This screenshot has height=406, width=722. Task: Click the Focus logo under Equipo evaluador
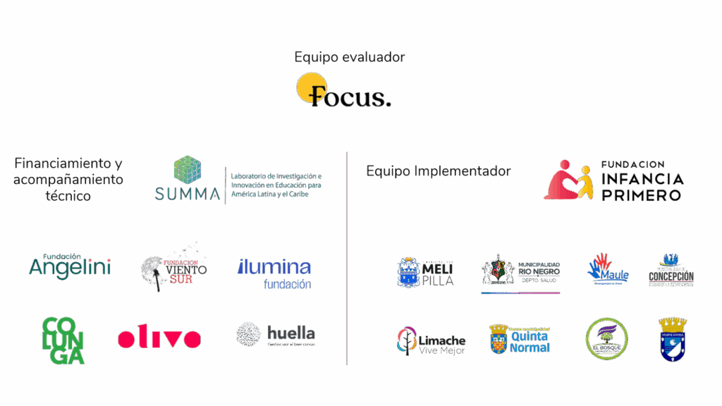point(343,91)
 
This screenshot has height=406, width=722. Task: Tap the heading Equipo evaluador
point(350,57)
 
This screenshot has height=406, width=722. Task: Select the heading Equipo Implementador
point(438,171)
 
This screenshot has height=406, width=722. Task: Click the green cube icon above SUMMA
point(188,170)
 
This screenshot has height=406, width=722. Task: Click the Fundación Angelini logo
point(70,266)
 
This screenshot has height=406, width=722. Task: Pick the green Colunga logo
point(63,340)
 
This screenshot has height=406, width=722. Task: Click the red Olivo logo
point(159,338)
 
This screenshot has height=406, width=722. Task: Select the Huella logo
point(276,334)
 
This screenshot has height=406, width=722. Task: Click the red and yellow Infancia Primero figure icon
point(568,180)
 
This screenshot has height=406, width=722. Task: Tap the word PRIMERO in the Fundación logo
point(642,195)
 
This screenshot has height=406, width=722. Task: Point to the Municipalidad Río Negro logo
point(520,273)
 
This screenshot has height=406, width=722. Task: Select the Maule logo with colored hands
point(607,269)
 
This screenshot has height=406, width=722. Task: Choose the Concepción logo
point(671,271)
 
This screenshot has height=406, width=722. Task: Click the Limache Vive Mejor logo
point(431,341)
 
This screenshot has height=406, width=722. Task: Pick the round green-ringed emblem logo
point(607,339)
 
